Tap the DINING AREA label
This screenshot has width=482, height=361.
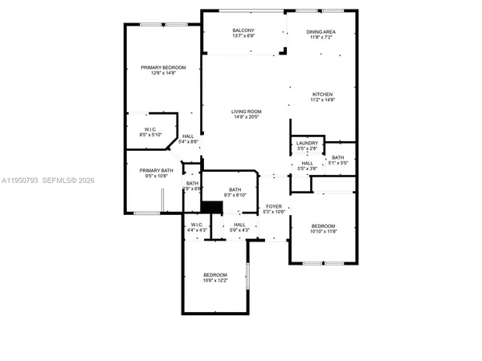click(x=321, y=32)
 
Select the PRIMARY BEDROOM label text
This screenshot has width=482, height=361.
click(x=163, y=67)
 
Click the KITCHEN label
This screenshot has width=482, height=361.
click(x=322, y=95)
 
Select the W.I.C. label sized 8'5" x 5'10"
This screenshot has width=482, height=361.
click(x=150, y=129)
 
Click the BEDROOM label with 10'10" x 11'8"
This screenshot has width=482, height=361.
click(x=323, y=226)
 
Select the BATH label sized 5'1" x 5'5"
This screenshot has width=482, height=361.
click(x=337, y=157)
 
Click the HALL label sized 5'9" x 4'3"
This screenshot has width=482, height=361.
click(x=239, y=225)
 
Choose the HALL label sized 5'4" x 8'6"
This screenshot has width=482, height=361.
click(x=188, y=137)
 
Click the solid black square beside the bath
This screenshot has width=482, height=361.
click(x=211, y=207)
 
